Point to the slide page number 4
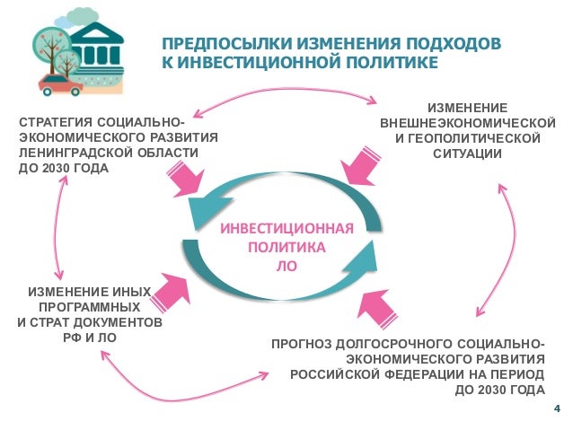[x=557, y=410]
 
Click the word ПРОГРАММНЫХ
[x=87, y=307]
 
